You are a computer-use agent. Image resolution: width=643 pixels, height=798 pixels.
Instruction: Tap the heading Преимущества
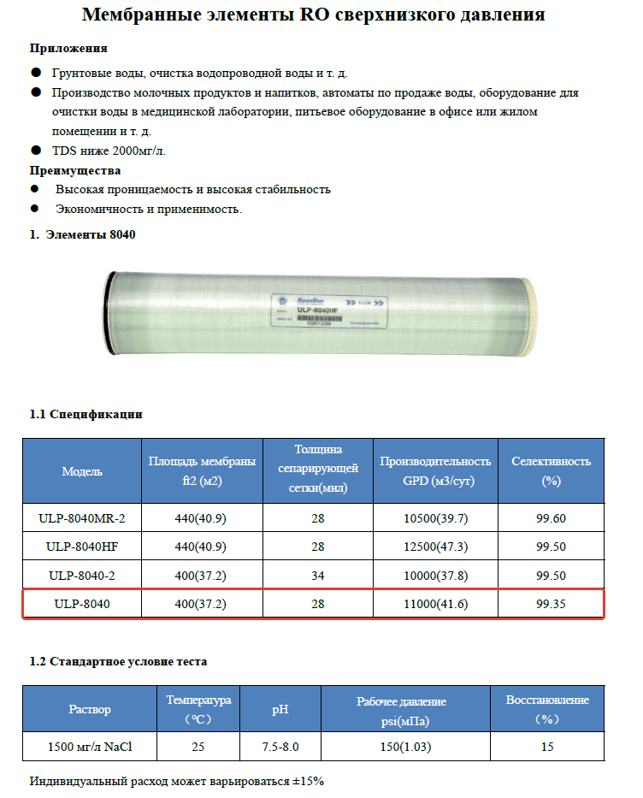[75, 170]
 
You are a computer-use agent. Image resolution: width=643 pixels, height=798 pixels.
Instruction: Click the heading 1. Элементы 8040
[83, 233]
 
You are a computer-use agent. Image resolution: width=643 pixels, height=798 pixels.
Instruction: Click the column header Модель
[82, 471]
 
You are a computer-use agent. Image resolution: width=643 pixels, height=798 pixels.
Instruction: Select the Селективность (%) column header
[551, 470]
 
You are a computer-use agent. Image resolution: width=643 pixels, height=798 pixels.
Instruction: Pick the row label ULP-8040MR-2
[82, 517]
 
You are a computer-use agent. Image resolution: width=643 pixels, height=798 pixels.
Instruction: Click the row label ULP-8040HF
[82, 547]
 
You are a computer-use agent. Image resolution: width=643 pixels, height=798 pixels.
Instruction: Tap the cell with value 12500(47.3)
[435, 547]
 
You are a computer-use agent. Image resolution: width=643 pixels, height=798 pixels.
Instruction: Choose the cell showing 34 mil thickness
[317, 576]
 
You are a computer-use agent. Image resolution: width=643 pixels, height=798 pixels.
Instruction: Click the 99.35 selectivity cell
[551, 604]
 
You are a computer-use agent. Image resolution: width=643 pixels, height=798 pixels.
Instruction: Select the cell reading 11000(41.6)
[435, 604]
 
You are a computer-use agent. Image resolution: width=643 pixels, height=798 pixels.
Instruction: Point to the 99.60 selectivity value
[551, 517]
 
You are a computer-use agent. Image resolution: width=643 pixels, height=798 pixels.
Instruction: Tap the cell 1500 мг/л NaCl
[90, 747]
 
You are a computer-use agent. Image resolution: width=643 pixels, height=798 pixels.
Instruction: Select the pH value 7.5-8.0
[280, 747]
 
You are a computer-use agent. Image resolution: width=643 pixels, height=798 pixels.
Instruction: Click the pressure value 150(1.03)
[405, 747]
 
